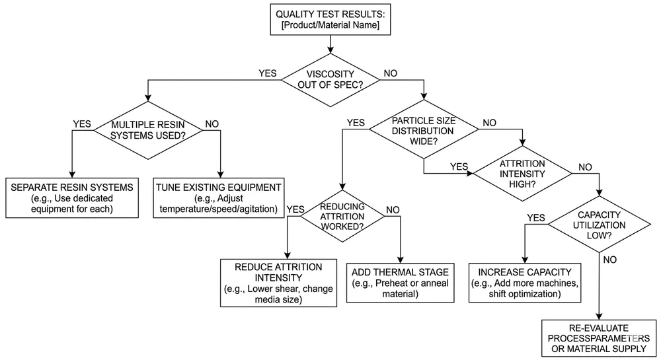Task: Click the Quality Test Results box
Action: tap(330, 18)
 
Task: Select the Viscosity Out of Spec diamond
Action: tap(331, 80)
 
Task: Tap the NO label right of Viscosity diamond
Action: tap(391, 73)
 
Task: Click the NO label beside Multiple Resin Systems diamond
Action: tap(213, 123)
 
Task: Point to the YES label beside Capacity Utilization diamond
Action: tap(535, 217)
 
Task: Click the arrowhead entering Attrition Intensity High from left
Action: tap(471, 174)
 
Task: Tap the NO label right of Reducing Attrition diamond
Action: tap(393, 209)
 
